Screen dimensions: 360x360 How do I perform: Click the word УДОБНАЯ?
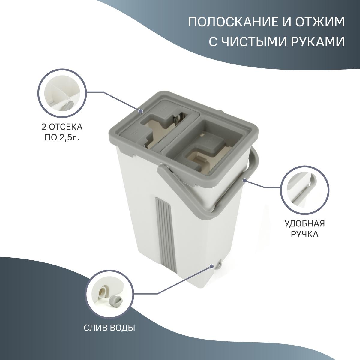point(304,223)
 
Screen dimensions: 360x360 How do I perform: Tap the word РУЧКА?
point(304,234)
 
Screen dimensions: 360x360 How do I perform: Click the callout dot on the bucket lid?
point(140,111)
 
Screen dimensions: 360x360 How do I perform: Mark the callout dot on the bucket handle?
point(244,181)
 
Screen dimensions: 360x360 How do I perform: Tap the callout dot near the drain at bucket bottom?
point(211,266)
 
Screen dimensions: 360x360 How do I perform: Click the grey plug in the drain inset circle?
point(115,299)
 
